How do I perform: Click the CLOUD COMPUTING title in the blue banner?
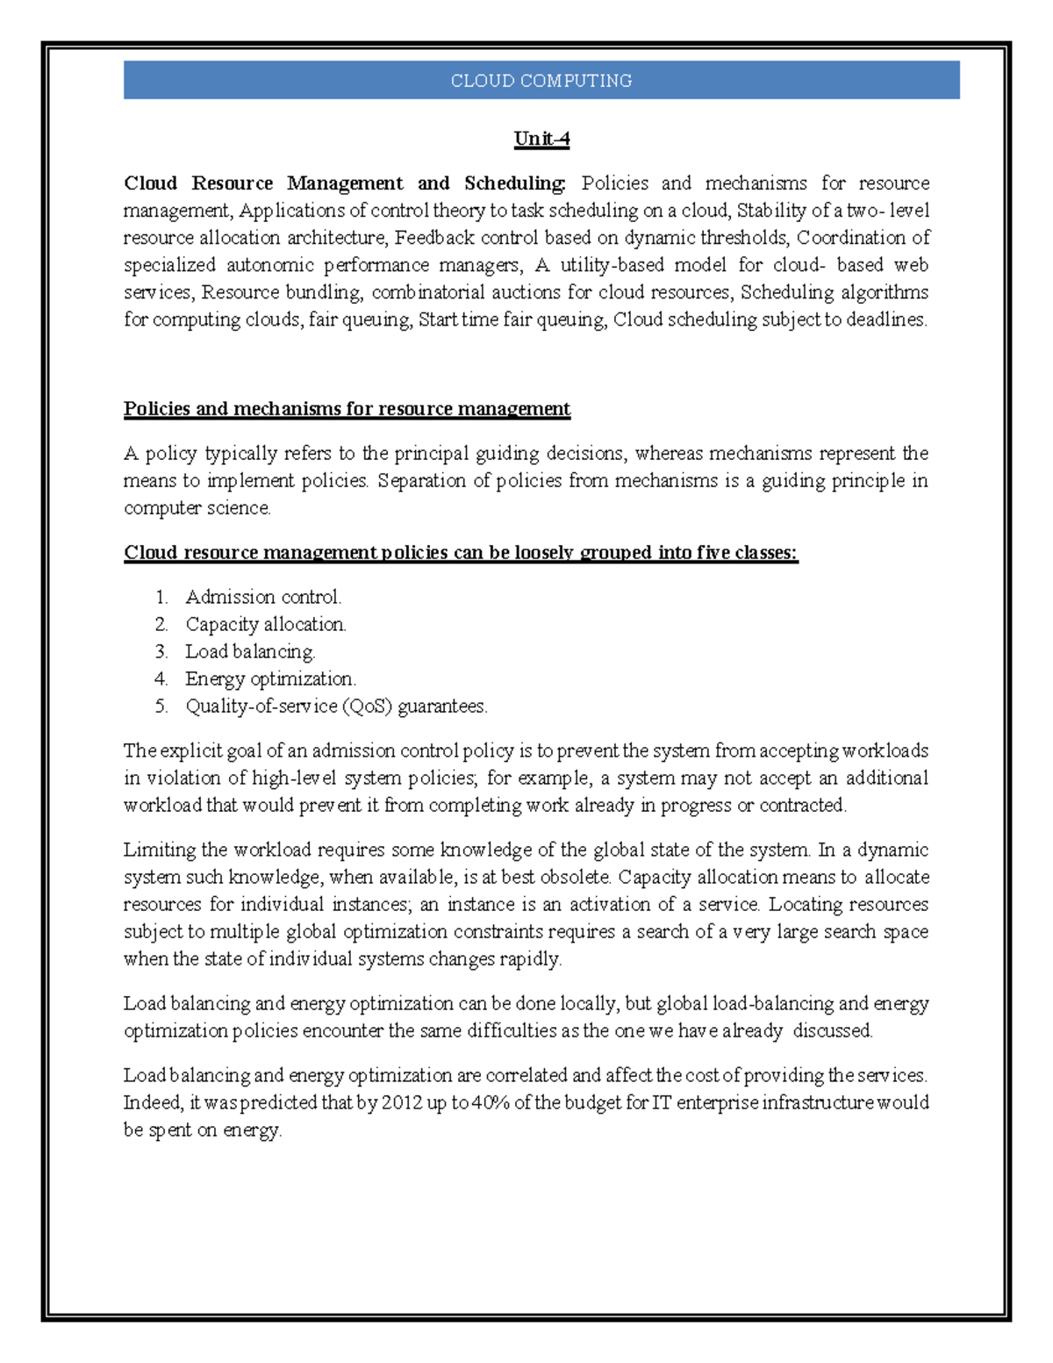pos(541,81)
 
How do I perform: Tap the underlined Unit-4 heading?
pos(541,139)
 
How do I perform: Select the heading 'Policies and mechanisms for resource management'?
pos(347,409)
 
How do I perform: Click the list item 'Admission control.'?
pos(263,598)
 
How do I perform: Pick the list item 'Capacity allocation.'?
pos(266,625)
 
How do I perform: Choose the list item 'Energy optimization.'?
pos(270,679)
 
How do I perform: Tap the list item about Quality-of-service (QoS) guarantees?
pos(336,707)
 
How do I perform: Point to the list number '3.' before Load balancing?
pos(161,652)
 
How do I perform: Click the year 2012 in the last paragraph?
pos(402,1103)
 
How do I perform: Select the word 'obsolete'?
pos(575,878)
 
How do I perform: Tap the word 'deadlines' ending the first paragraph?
pos(885,319)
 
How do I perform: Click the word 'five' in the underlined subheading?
pos(713,553)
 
